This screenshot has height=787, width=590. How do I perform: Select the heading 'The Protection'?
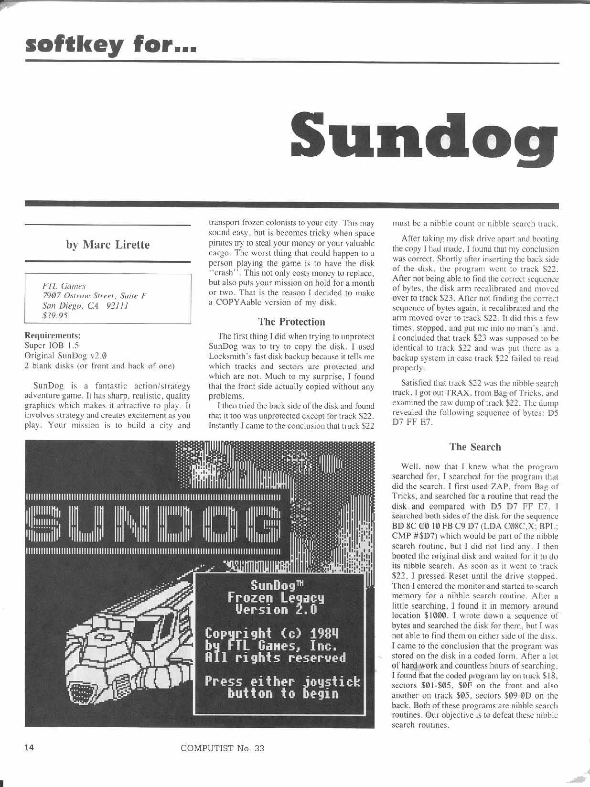(x=291, y=322)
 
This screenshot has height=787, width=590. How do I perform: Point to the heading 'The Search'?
(x=475, y=447)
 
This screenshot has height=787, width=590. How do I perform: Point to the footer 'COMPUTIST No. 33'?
(x=223, y=748)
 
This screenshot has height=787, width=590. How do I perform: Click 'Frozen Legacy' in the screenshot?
(x=276, y=597)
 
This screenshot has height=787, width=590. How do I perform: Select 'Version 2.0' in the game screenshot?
(x=276, y=610)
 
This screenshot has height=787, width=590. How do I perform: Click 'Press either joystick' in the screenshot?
(x=282, y=681)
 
